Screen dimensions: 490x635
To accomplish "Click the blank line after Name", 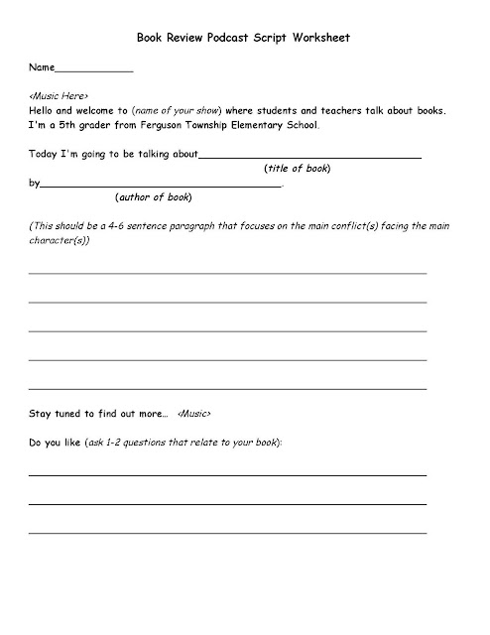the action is coord(93,71).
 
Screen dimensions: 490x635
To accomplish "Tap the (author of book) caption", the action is coord(154,196).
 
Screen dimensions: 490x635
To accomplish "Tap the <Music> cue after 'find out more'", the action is coord(194,412).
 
